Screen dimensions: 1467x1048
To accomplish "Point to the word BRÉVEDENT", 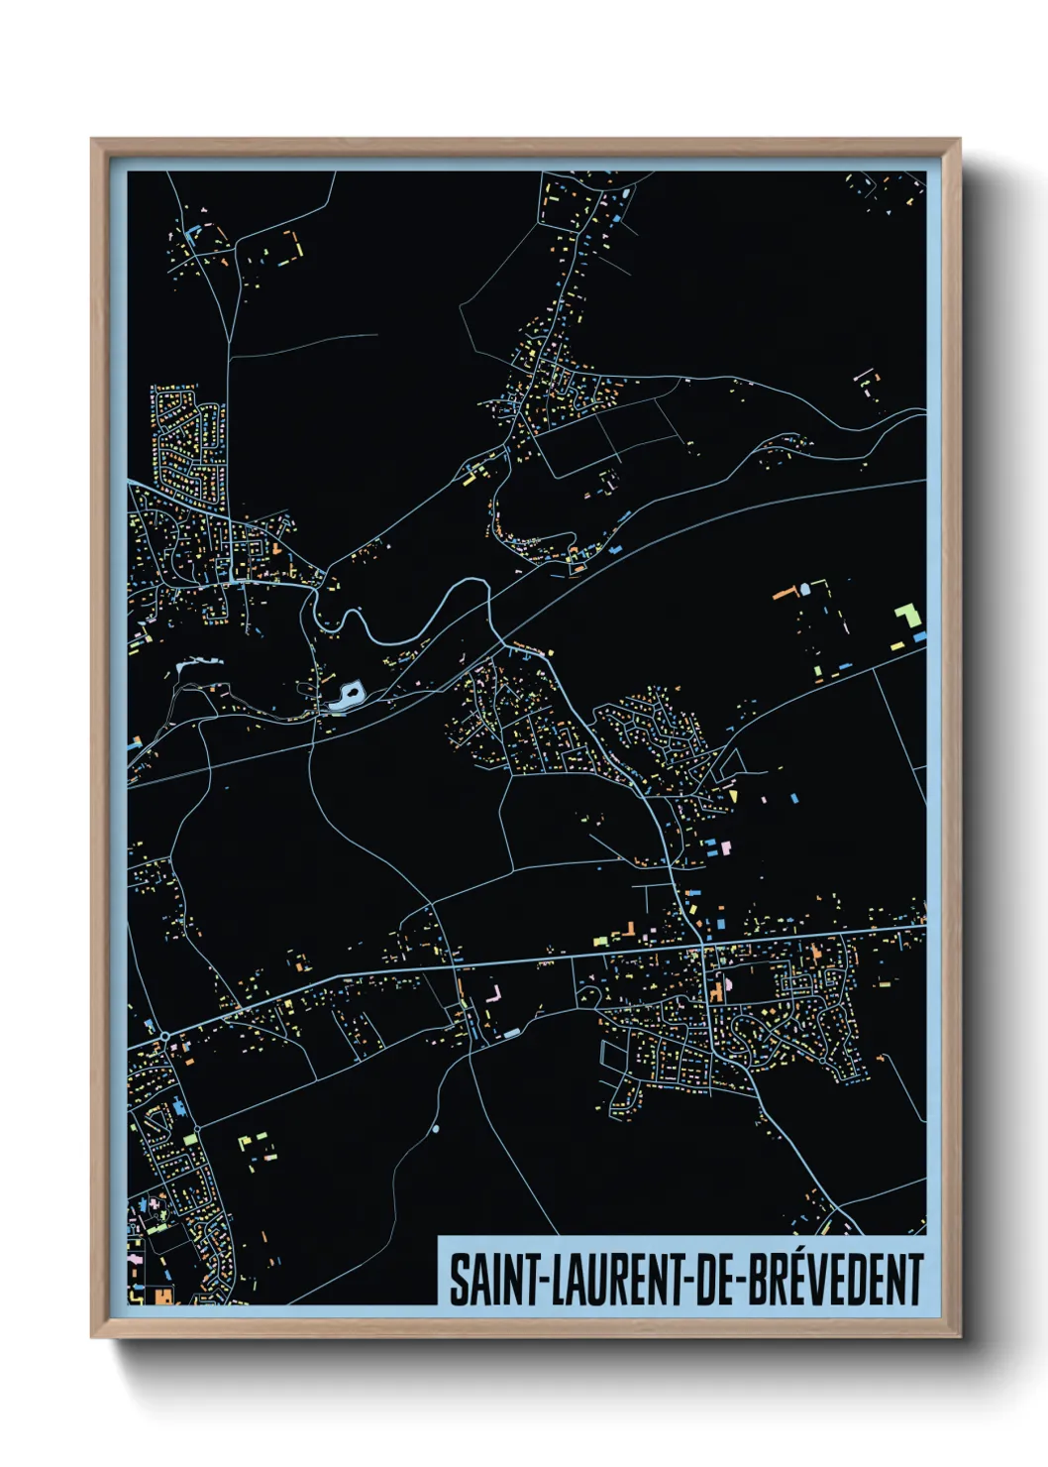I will [x=835, y=1280].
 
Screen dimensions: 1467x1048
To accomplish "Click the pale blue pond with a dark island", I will [x=348, y=695].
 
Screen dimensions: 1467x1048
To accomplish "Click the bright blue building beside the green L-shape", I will [x=920, y=635].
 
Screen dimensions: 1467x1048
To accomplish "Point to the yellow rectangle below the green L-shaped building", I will [x=897, y=645].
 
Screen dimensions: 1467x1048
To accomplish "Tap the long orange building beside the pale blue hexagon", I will [x=786, y=593].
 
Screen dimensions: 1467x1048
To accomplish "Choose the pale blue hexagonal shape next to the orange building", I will [x=804, y=589].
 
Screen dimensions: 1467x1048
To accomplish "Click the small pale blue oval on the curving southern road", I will [x=436, y=1128].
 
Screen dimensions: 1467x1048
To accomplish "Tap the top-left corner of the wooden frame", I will [x=93, y=141].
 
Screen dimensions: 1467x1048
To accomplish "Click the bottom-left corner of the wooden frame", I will [x=93, y=1336].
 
